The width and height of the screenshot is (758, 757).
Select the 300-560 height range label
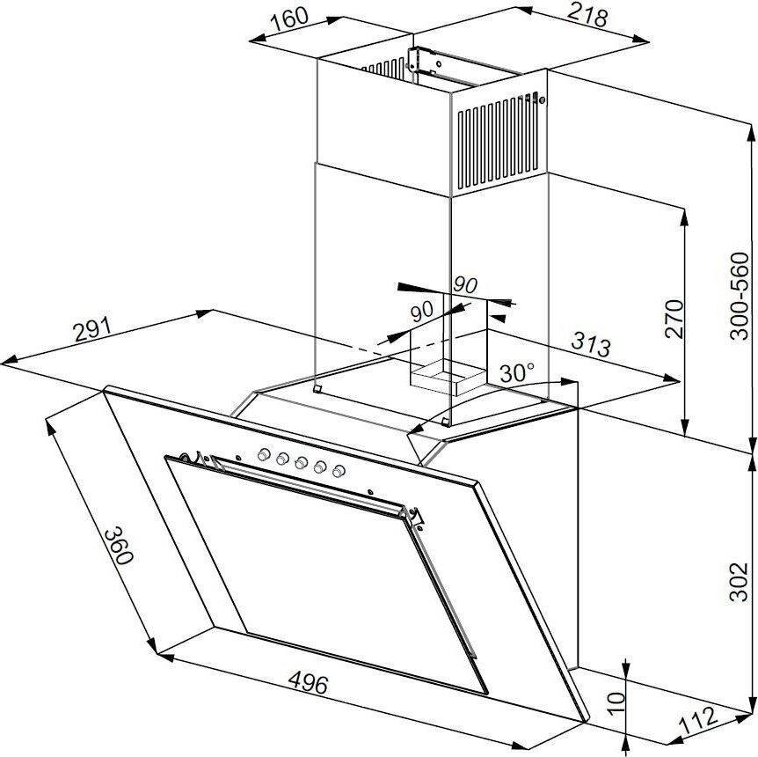tap(740, 296)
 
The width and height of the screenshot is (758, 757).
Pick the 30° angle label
tap(517, 372)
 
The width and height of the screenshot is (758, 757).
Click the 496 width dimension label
tap(307, 682)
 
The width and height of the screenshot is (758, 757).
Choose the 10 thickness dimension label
tap(616, 701)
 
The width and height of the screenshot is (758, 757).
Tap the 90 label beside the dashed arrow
tap(421, 310)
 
